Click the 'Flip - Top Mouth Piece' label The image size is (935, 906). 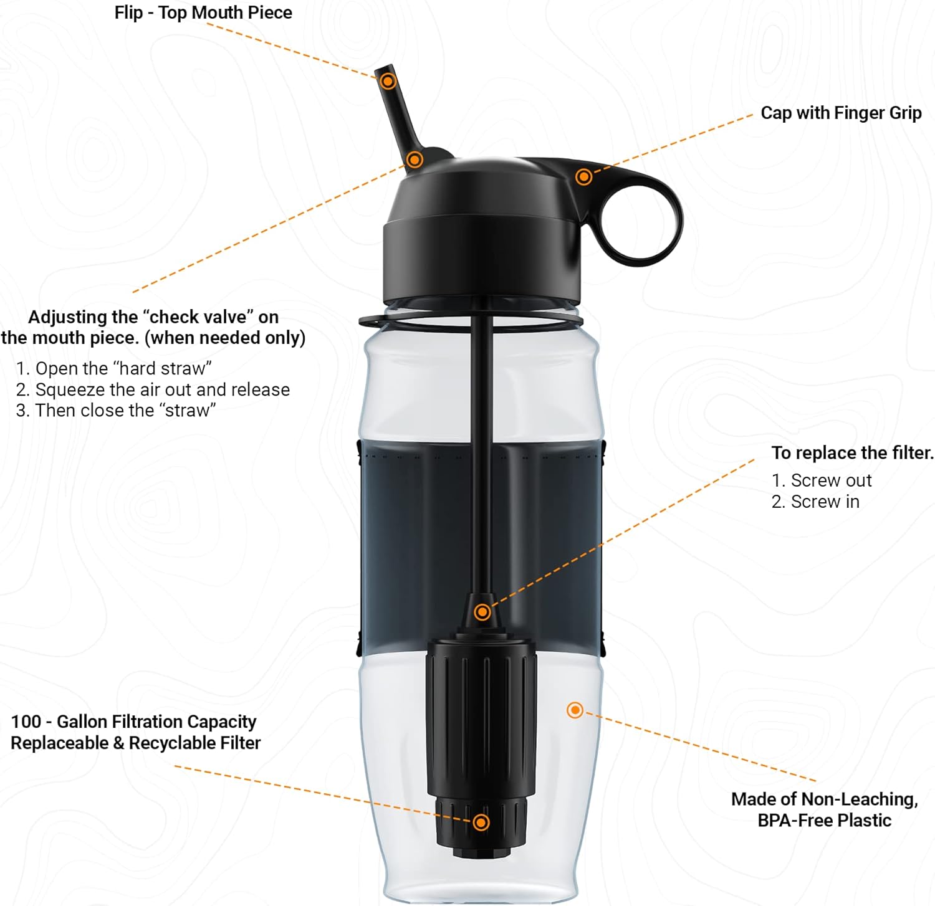tap(203, 12)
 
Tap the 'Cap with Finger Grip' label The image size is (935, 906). tap(841, 113)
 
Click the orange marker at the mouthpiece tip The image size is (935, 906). tap(388, 81)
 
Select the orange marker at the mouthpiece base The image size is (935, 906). tap(415, 160)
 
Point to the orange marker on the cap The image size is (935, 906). tap(583, 177)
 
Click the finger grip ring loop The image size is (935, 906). tap(642, 222)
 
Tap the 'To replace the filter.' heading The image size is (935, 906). tap(852, 453)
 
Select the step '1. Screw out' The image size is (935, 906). tap(821, 480)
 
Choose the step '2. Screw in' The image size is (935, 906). tap(815, 502)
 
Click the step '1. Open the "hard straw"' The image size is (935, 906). tap(114, 368)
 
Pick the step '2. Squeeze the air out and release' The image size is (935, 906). tap(153, 389)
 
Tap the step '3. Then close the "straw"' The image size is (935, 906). tap(116, 411)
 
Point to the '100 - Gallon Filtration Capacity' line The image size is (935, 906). tap(133, 722)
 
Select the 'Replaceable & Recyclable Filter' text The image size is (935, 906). tap(135, 743)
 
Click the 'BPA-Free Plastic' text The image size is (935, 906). tap(824, 820)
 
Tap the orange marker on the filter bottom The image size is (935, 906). tap(481, 823)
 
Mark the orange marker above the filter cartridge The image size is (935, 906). tap(482, 613)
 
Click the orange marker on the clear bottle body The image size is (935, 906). tap(575, 710)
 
